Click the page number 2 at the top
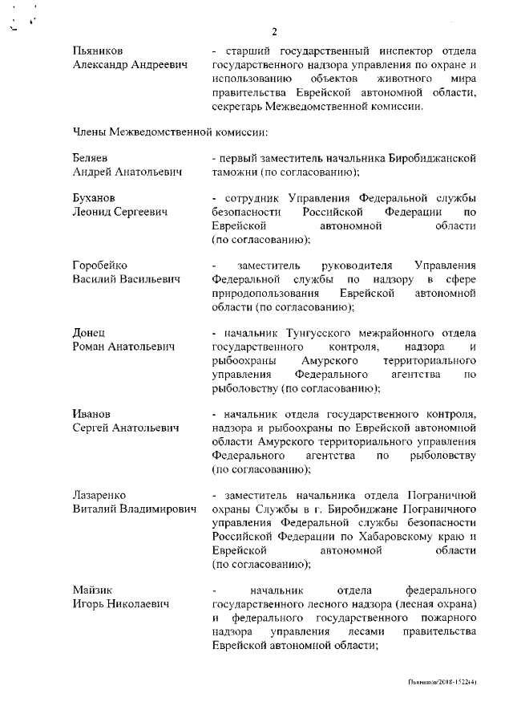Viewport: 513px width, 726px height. (x=273, y=32)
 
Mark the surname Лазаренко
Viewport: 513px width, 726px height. (x=99, y=495)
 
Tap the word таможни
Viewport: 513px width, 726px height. (x=242, y=172)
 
